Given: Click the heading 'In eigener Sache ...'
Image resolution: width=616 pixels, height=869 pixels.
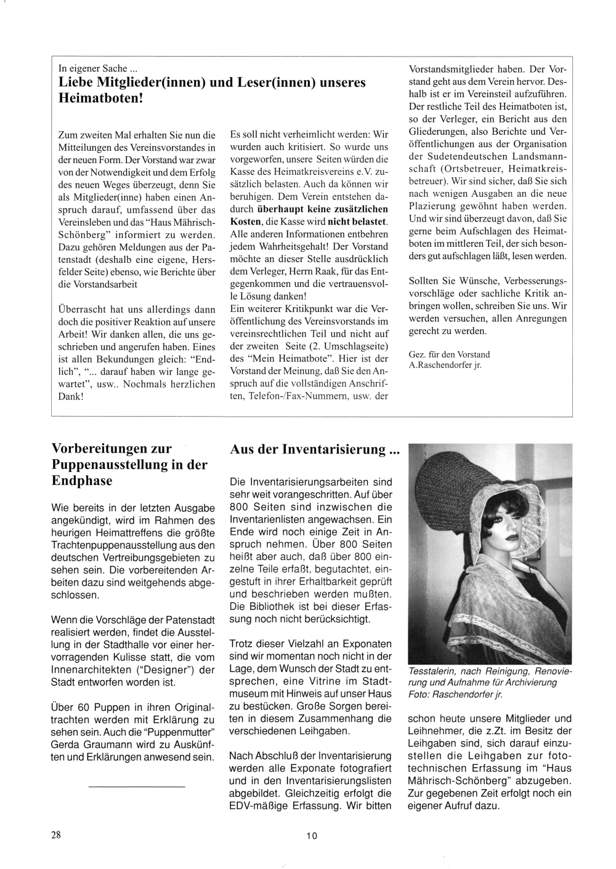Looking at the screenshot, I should (x=93, y=68).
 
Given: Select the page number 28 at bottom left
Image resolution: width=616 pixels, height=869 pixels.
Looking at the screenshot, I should (x=56, y=835).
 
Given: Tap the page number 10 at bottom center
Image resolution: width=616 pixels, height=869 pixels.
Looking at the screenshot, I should (x=311, y=835).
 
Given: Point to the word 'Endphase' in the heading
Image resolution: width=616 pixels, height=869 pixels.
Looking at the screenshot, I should (x=82, y=481).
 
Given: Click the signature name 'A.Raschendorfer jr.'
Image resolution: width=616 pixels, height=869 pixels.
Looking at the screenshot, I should (x=445, y=365).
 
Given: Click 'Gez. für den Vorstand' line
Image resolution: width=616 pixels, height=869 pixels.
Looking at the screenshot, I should (x=449, y=354).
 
